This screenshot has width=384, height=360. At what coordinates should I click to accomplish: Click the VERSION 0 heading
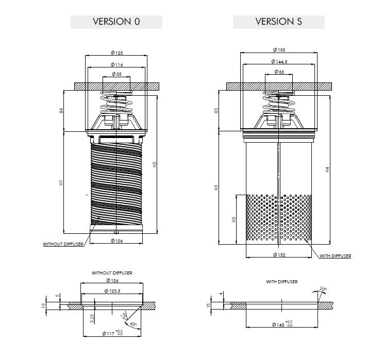coord(116,22)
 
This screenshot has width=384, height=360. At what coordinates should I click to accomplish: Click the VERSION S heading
coord(279,22)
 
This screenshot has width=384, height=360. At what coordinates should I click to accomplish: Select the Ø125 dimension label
coord(116,53)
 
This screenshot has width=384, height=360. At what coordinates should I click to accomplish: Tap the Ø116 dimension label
coord(116,64)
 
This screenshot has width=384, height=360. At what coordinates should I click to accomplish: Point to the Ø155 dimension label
coord(279,50)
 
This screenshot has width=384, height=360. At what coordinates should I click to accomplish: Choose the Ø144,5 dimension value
coord(279,61)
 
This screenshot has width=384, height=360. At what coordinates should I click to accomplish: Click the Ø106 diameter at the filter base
coord(116,241)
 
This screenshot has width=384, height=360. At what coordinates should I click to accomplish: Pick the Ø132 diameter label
coord(279,255)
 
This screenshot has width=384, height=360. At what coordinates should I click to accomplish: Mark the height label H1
coord(61,182)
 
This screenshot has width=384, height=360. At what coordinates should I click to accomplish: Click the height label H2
coord(154,164)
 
